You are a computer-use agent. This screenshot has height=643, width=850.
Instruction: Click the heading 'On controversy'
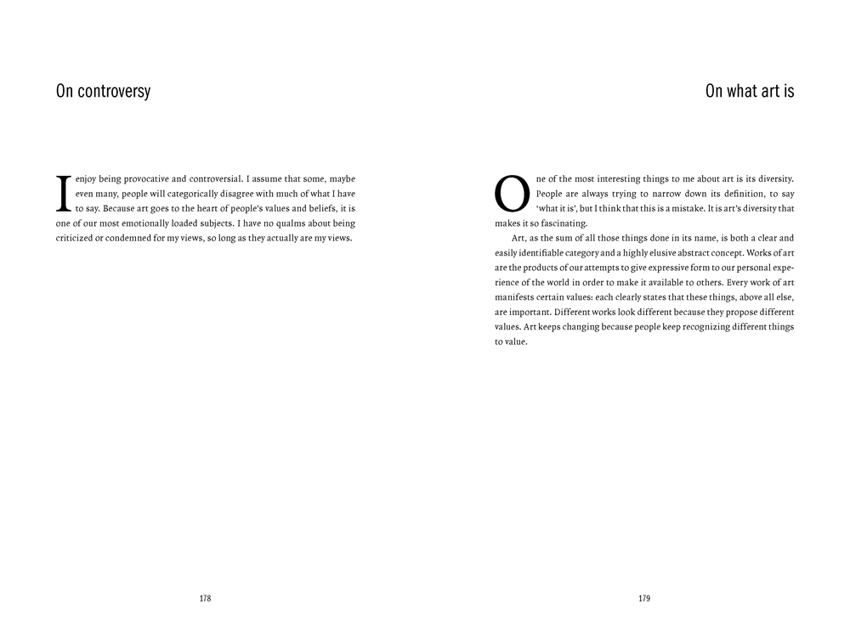pos(103,92)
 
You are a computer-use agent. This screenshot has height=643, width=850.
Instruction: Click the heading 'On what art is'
pos(750,92)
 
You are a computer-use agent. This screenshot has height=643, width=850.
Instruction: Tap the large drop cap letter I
pos(62,193)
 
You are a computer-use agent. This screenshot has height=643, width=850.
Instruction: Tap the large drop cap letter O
pos(512,194)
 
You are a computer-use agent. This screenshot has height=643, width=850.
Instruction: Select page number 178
pos(205,599)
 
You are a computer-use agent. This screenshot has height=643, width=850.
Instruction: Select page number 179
pos(643,599)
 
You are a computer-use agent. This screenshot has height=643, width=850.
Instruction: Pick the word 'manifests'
pos(513,297)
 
